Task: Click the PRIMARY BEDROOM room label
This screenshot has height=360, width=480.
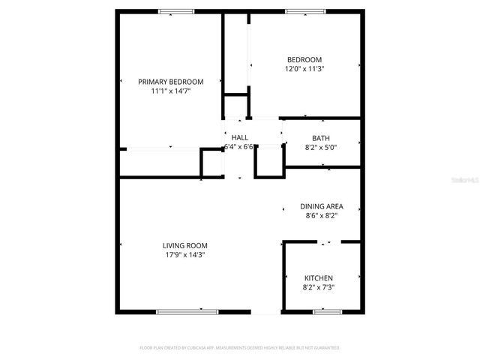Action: point(170,81)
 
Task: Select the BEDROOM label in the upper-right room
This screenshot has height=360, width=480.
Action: point(304,60)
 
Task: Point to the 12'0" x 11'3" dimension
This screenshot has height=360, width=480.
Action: point(304,69)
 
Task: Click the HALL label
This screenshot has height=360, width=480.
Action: point(240,137)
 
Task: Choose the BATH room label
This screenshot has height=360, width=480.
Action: point(321,138)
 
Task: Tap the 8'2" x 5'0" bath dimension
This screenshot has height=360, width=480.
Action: point(321,148)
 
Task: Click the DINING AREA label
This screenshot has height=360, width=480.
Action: point(322,206)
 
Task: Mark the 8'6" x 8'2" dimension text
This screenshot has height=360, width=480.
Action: point(322,216)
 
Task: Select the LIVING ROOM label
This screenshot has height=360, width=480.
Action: point(185,245)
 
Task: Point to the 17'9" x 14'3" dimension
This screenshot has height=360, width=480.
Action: point(185,255)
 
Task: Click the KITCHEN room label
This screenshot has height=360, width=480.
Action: point(319,278)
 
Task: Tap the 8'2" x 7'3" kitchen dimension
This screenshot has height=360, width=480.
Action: point(319,287)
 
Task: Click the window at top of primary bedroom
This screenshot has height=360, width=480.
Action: point(177,11)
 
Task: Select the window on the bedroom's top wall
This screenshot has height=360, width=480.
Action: point(304,11)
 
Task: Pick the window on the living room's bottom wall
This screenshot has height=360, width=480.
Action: point(187,311)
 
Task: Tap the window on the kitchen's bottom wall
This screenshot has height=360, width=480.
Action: point(327,311)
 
